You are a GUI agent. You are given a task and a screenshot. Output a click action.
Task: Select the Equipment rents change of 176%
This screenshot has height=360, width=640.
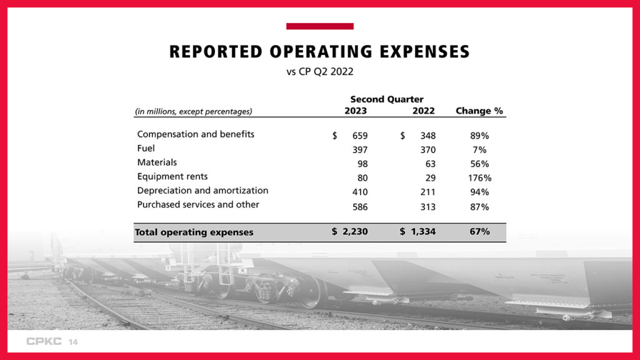point(479,178)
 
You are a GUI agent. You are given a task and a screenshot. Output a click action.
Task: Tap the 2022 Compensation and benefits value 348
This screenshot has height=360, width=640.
point(427,136)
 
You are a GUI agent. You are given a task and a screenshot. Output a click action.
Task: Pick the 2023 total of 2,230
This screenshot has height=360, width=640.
point(354,232)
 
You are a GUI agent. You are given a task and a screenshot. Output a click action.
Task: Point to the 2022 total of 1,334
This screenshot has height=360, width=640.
point(422,232)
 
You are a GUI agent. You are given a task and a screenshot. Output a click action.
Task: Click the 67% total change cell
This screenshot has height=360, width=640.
point(479,232)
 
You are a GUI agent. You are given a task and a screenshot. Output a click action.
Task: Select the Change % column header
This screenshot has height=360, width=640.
point(479,111)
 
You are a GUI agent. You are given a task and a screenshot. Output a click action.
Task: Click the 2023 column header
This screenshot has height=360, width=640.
point(356,111)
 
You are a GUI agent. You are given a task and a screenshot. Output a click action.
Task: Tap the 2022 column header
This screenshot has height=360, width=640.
point(424,111)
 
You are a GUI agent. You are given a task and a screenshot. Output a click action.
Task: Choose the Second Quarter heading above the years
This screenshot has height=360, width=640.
point(386,99)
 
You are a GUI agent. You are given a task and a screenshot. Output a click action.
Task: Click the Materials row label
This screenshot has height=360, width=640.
point(157,162)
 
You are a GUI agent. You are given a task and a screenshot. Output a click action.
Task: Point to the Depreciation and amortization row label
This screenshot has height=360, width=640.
point(202,191)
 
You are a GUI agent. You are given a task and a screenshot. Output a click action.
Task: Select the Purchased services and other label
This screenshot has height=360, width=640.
point(198,204)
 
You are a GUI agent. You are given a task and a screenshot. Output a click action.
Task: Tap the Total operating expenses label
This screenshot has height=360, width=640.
point(194,232)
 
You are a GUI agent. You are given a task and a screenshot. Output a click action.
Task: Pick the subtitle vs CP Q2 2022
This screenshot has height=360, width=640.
point(319,71)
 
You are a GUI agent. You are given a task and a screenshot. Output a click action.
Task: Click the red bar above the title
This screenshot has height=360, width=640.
point(319,26)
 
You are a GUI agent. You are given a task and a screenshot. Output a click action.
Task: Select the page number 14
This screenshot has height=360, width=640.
point(73,342)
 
